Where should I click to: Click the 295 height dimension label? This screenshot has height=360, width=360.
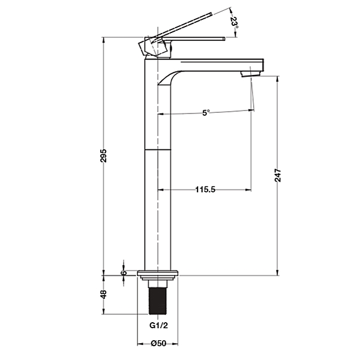104,155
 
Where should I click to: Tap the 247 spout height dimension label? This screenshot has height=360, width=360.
278,175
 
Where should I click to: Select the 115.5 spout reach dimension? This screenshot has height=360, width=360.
205,190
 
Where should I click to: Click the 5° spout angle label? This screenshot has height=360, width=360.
206,113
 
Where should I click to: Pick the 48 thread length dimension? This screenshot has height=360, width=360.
104,294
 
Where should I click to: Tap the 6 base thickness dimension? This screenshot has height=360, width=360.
124,272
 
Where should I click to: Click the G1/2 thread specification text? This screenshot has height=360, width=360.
158,325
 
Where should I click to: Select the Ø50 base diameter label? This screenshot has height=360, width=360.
158,343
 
